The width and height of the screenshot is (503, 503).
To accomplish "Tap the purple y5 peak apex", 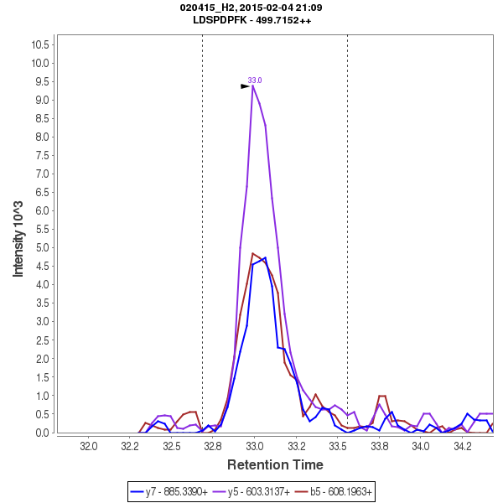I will click(x=252, y=86).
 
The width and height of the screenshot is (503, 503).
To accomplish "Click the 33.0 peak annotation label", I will click(x=255, y=80).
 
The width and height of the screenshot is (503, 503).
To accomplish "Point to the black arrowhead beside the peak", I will click(x=245, y=86).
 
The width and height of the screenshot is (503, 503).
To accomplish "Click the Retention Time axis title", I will click(x=275, y=464).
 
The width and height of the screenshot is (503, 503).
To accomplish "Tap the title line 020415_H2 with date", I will click(x=251, y=8).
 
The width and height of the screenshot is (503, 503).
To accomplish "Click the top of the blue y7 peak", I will click(x=265, y=258).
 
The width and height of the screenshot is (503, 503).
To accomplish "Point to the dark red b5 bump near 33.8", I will click(x=382, y=396).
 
